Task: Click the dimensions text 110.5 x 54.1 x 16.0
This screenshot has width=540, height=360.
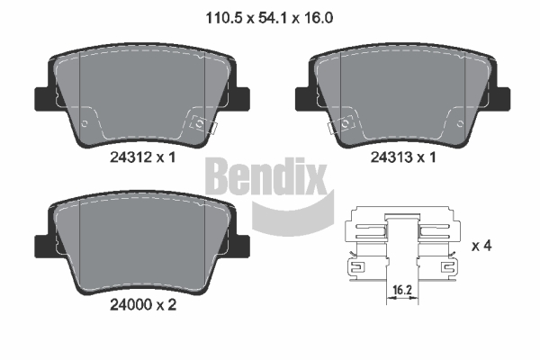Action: [x=269, y=18]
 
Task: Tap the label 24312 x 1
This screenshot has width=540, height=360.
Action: [x=143, y=157]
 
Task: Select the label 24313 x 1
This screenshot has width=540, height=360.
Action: [x=403, y=157]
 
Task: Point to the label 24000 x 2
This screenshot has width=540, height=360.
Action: [x=143, y=304]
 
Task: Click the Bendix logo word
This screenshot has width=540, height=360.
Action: [x=265, y=176]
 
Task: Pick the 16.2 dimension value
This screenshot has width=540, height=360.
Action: [x=402, y=290]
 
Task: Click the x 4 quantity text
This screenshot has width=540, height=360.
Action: [x=481, y=246]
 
